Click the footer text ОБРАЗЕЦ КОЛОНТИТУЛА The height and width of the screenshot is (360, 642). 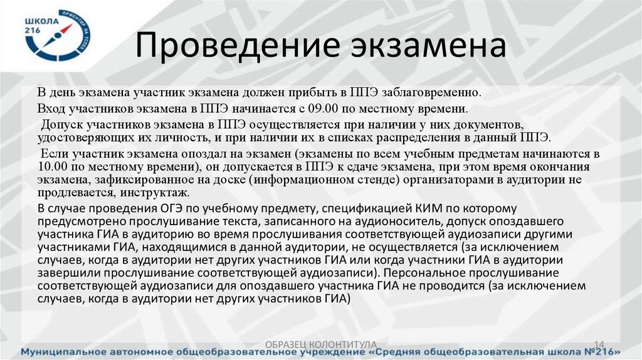click(x=321, y=344)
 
